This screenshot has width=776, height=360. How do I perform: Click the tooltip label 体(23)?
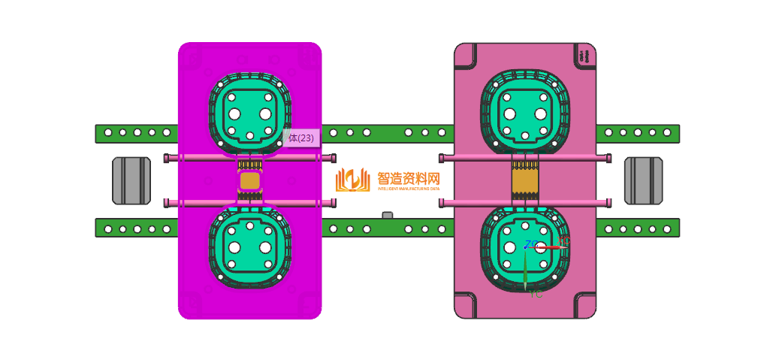pos(300,138)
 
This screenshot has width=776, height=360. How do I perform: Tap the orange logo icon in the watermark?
pos(352,180)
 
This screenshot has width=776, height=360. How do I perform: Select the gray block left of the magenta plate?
pos(131,180)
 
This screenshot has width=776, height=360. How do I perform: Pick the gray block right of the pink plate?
pos(643,180)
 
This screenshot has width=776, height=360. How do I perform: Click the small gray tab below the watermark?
pos(388,216)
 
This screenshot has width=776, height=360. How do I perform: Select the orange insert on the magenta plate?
pos(249,181)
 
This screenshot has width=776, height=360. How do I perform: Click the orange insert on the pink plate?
pos(525,181)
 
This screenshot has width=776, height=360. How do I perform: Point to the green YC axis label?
pos(536,295)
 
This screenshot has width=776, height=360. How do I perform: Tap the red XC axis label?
pos(563,241)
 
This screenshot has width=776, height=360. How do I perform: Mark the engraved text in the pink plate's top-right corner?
pos(583,56)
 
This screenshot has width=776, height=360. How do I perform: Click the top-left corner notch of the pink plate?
pos(466,54)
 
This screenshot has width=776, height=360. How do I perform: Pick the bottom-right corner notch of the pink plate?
pos(584,306)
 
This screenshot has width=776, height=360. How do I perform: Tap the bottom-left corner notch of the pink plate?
pos(466,306)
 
